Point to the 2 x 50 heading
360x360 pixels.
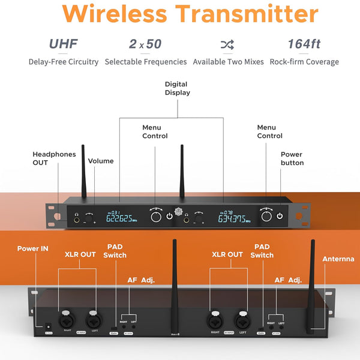pyautogui.click(x=145, y=44)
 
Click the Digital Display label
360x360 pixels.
pyautogui.click(x=176, y=88)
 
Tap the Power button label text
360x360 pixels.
pyautogui.click(x=292, y=158)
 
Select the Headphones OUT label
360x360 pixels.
pyautogui.click(x=54, y=158)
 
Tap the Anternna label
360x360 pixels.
pyautogui.click(x=338, y=259)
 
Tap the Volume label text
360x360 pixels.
pyautogui.click(x=100, y=161)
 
